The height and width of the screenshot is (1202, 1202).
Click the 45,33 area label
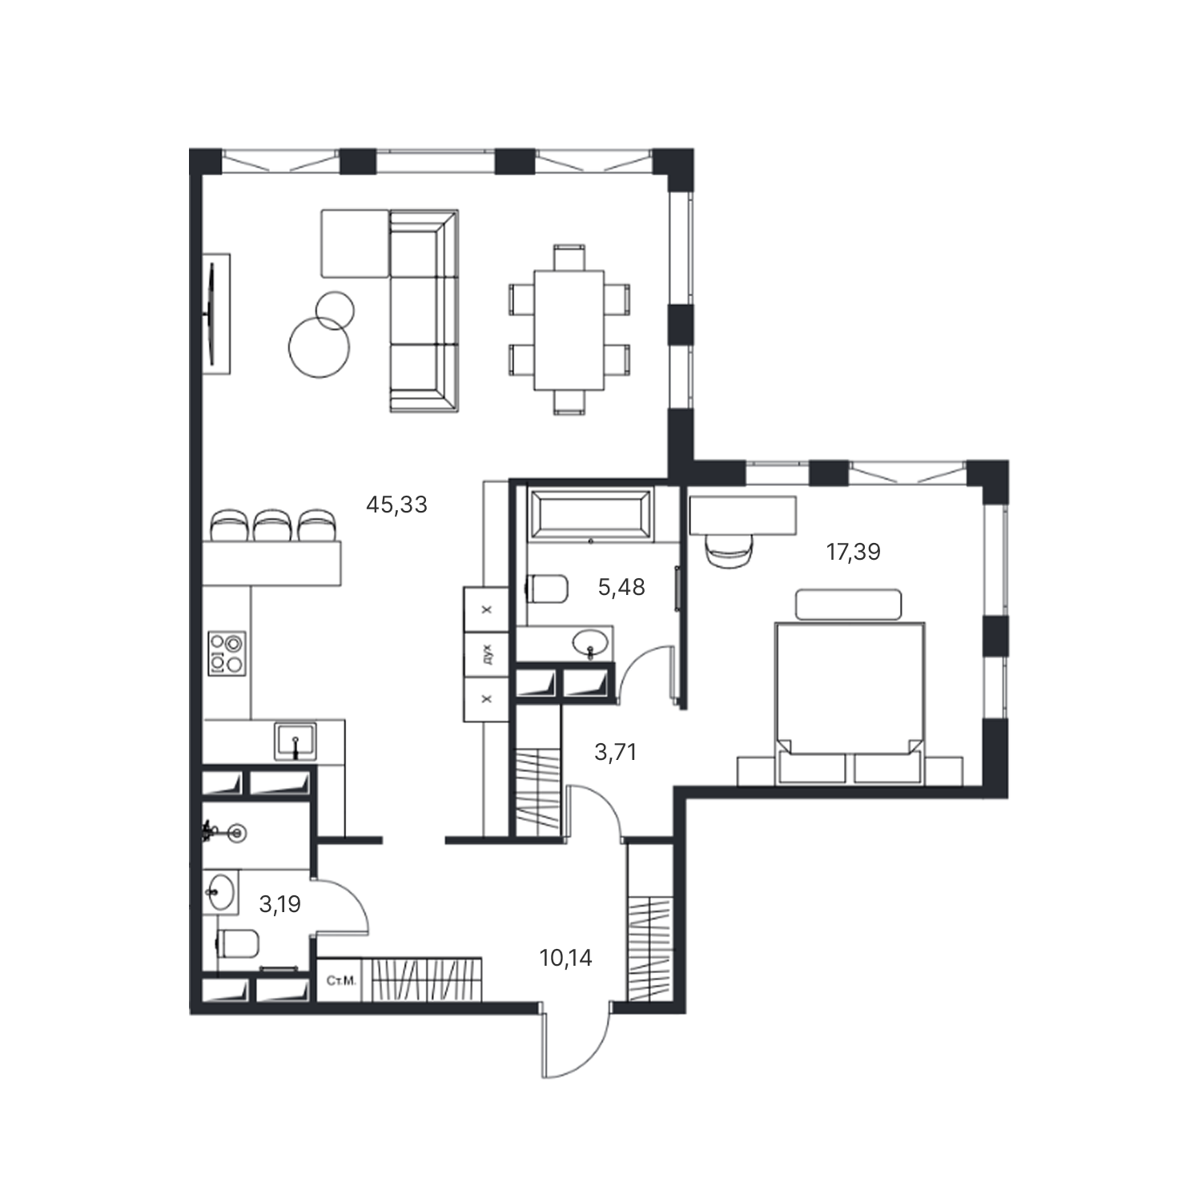click(396, 505)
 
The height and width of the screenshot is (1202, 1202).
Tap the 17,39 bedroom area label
click(854, 552)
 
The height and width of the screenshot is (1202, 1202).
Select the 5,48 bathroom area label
click(621, 588)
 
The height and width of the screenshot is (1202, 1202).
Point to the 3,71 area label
click(616, 752)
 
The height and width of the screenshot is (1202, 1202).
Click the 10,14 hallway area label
click(566, 958)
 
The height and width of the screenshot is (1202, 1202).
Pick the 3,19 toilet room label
click(279, 905)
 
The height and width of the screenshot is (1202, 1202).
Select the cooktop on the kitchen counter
click(227, 653)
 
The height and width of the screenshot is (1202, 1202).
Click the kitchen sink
click(295, 741)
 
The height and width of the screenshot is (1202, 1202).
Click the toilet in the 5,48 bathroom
click(547, 589)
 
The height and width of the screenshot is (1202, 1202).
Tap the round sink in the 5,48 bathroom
click(591, 642)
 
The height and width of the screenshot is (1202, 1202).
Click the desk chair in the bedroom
click(730, 551)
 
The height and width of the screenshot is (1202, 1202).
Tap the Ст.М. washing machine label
click(342, 980)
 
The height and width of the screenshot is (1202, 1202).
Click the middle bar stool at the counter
click(273, 525)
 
